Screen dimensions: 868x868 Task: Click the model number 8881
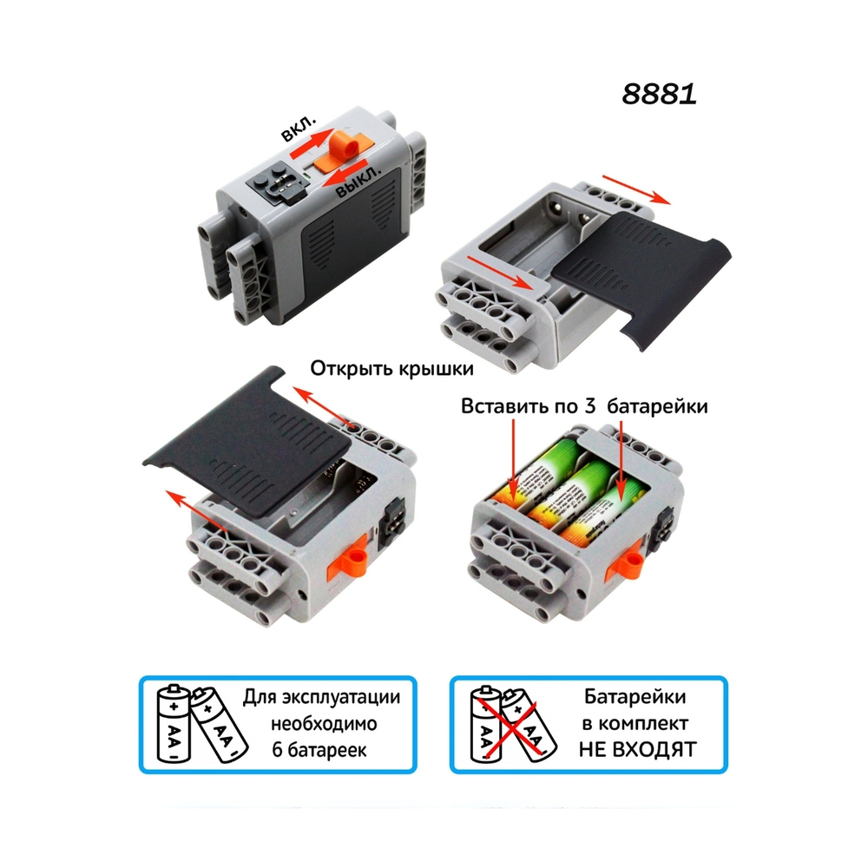coord(659,94)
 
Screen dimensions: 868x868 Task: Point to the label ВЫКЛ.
coord(358,182)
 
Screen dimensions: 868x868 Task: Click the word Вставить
coord(505,406)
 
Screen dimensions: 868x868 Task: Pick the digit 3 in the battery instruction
coord(590,406)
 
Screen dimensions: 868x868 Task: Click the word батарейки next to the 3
coord(658,407)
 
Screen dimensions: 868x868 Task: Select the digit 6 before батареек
coord(278,750)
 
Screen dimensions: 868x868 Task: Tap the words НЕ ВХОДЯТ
coord(637,750)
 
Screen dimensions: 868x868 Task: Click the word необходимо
coord(324,724)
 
